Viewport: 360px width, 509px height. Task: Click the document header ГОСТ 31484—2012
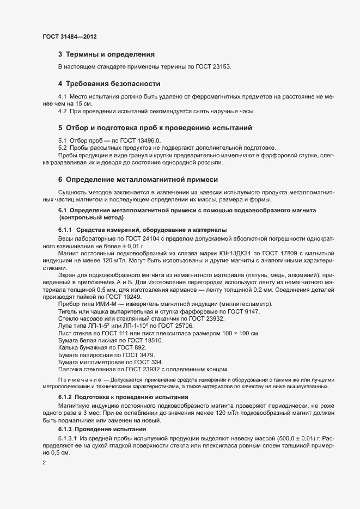pyautogui.click(x=70, y=36)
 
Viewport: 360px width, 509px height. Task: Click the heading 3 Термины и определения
pyautogui.click(x=106, y=54)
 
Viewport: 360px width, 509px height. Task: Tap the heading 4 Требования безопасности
pyautogui.click(x=109, y=84)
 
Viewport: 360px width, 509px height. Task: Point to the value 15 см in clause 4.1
pyautogui.click(x=84, y=103)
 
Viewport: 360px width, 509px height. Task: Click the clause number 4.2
pyautogui.click(x=63, y=111)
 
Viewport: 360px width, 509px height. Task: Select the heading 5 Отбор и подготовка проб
pyautogui.click(x=155, y=128)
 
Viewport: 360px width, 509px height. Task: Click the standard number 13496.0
pyautogui.click(x=147, y=140)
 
